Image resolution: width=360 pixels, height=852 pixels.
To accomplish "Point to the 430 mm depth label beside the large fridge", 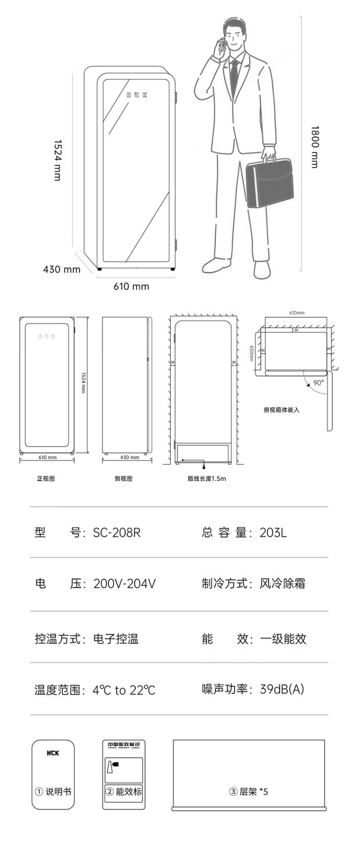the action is pyautogui.click(x=62, y=269).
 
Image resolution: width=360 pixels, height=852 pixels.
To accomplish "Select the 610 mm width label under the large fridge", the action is pyautogui.click(x=131, y=287).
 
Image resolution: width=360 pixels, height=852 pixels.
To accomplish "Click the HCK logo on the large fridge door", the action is pyautogui.click(x=137, y=95).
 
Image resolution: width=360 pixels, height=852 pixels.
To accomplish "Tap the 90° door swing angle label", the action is pyautogui.click(x=319, y=382).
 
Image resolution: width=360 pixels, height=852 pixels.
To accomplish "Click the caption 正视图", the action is pyautogui.click(x=46, y=478).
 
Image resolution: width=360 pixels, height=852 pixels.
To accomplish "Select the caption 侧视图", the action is pyautogui.click(x=124, y=478).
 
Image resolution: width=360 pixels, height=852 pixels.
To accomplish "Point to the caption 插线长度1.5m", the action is pyautogui.click(x=207, y=478).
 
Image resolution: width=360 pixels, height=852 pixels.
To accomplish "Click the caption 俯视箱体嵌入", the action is pyautogui.click(x=281, y=410).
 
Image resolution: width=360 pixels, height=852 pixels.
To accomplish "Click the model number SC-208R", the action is pyautogui.click(x=117, y=533).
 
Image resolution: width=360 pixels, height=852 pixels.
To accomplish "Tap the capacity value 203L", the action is pyautogui.click(x=273, y=533).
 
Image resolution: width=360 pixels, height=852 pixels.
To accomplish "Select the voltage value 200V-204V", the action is pyautogui.click(x=125, y=584).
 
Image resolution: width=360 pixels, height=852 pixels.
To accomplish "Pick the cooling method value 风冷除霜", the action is pyautogui.click(x=282, y=584).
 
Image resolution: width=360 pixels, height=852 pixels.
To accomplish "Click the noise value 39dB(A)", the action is pyautogui.click(x=282, y=689).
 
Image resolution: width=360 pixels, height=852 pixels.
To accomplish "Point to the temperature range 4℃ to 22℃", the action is pyautogui.click(x=124, y=690).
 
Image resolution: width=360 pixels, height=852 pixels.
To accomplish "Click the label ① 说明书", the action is pyautogui.click(x=53, y=792).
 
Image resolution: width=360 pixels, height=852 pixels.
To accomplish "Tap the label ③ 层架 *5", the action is pyautogui.click(x=249, y=792).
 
